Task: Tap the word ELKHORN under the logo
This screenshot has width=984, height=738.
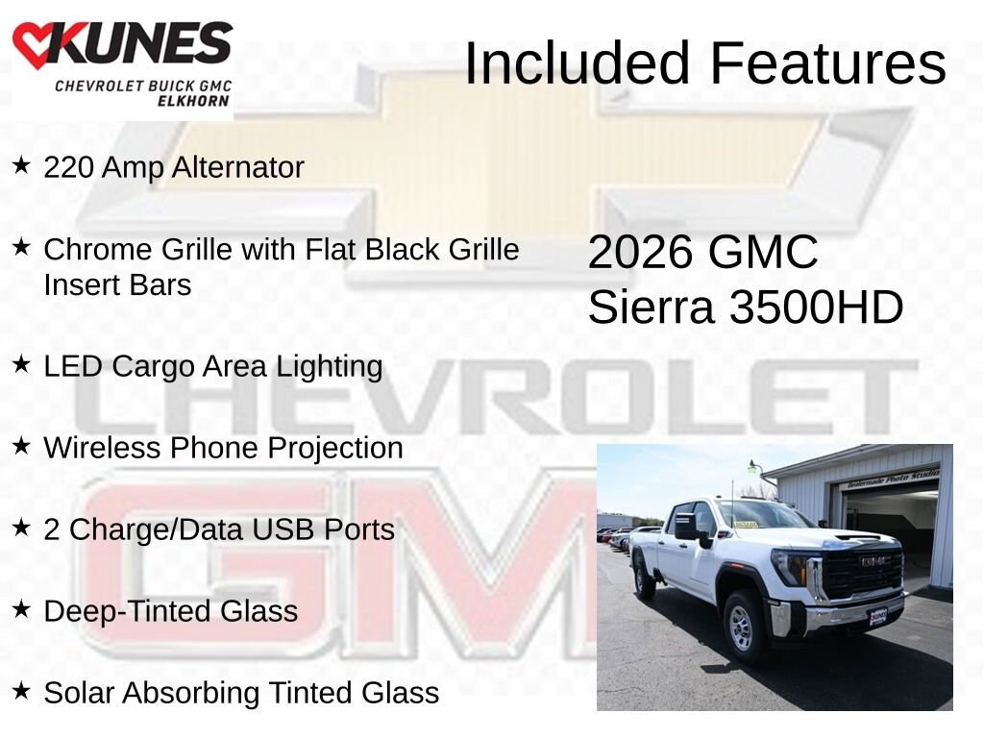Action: tap(193, 101)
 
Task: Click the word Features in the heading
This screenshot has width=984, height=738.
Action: tap(827, 63)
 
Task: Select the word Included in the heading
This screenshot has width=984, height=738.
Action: tap(578, 63)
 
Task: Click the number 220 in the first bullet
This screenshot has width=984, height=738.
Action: tap(69, 167)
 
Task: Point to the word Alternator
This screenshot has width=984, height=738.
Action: tap(238, 167)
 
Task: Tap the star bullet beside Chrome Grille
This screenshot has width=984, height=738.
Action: tap(21, 247)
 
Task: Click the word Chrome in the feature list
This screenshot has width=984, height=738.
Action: tap(99, 249)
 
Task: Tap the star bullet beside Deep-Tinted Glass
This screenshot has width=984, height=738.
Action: tap(21, 608)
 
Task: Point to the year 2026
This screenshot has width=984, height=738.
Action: tap(641, 253)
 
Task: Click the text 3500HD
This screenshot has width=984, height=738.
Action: tap(816, 307)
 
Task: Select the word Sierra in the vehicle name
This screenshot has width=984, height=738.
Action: tap(651, 307)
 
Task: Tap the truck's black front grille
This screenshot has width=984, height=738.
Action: tap(864, 573)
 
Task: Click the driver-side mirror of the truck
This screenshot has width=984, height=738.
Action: tap(689, 528)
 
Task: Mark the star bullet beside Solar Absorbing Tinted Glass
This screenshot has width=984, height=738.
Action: tap(21, 690)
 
